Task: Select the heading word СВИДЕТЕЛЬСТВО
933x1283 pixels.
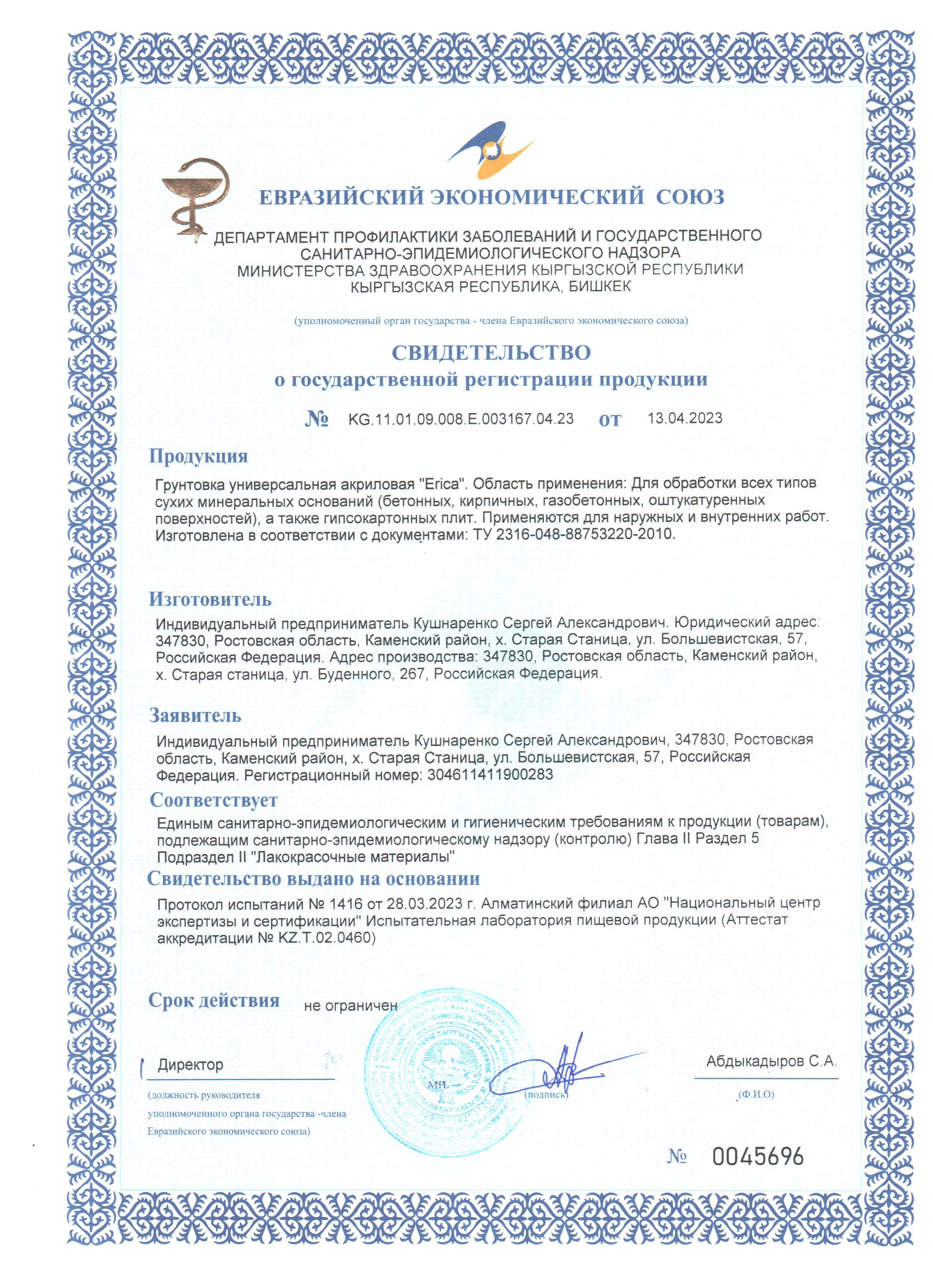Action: click(491, 353)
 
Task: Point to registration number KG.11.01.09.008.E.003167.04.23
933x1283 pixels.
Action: click(461, 419)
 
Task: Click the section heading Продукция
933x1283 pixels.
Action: click(198, 456)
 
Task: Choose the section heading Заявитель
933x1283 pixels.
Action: click(195, 716)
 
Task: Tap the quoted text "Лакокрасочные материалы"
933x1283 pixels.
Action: click(356, 857)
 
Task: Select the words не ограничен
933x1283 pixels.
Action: click(350, 1006)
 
